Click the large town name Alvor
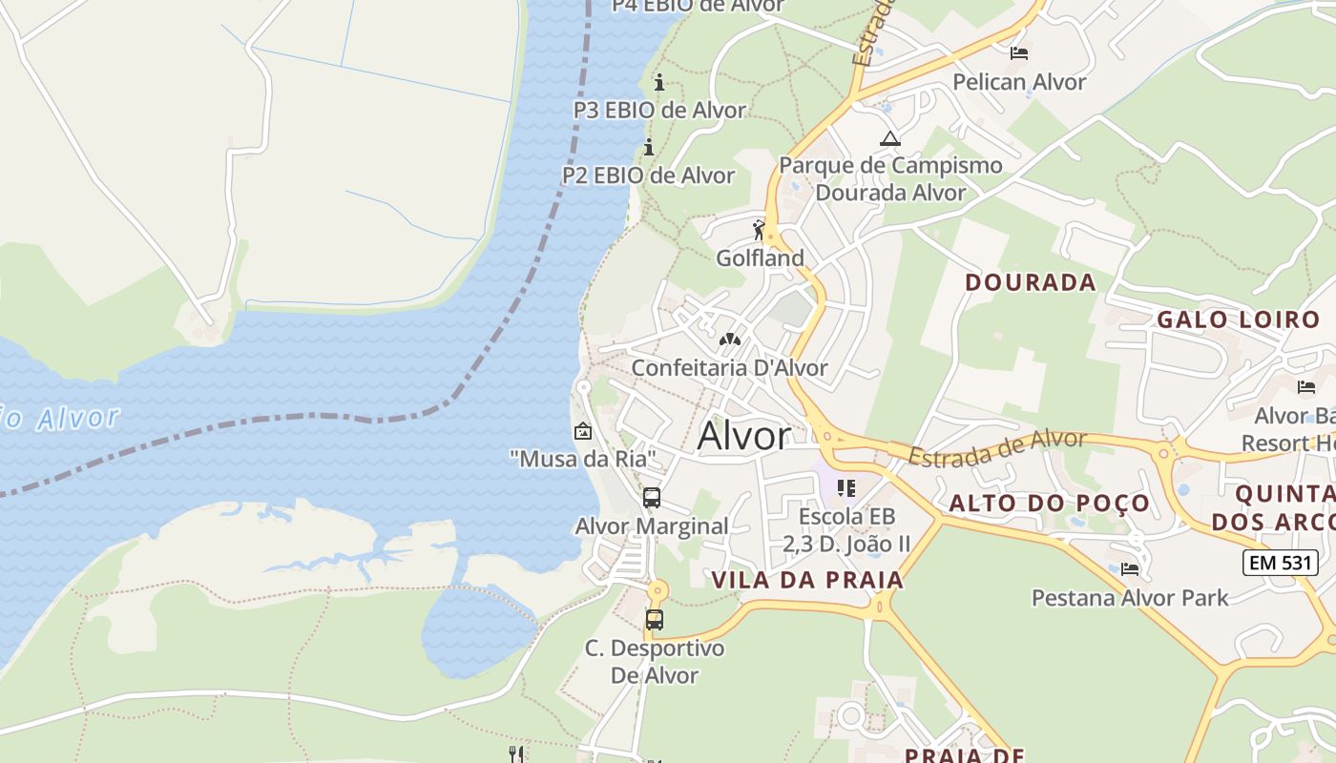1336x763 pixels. [x=744, y=436]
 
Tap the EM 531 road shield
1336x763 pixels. [x=1281, y=563]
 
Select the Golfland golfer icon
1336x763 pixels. [x=760, y=231]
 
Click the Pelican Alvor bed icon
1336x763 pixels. [x=1019, y=52]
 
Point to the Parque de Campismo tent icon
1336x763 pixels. [x=890, y=139]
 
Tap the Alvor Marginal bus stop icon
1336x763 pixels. [x=652, y=497]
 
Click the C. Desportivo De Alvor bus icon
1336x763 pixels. [x=655, y=619]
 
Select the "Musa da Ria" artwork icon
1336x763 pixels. [x=583, y=431]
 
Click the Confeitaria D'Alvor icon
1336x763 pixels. [x=730, y=339]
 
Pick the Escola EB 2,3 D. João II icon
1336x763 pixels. [x=845, y=488]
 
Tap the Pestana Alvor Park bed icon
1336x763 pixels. [x=1130, y=569]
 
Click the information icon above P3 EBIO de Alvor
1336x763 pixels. [x=658, y=82]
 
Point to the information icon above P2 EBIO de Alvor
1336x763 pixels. [x=649, y=147]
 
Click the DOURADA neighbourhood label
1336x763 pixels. [x=1031, y=282]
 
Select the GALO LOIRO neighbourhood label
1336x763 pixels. [x=1238, y=320]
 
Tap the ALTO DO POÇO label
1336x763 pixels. [x=1050, y=504]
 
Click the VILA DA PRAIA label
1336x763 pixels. [x=807, y=580]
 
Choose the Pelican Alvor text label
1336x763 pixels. [x=1019, y=82]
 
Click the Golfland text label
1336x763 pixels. [x=761, y=258]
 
